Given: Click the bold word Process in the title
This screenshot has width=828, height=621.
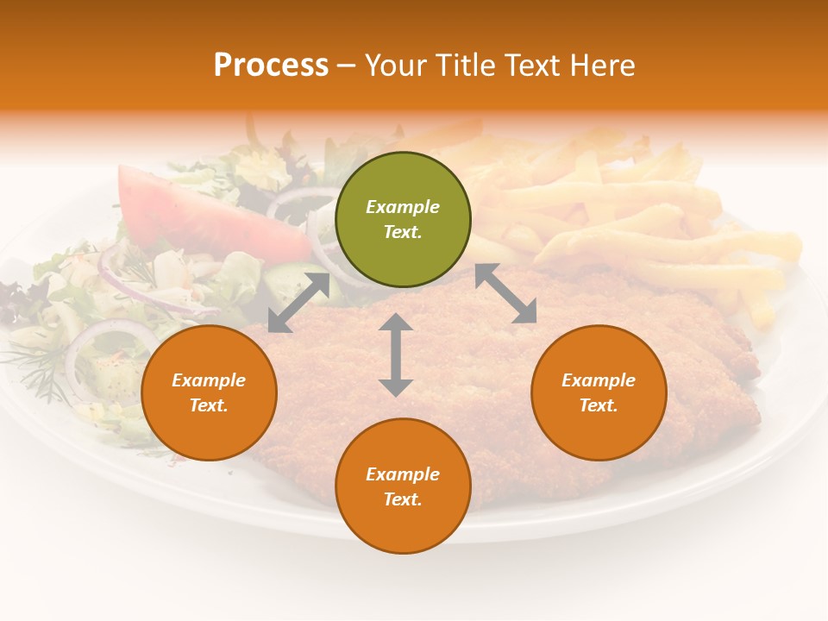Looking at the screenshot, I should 271,66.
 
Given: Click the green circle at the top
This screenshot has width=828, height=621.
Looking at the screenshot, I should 403,220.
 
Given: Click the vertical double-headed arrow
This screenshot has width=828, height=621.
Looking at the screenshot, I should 396,354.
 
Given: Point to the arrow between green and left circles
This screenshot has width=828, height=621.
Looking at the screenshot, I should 298,302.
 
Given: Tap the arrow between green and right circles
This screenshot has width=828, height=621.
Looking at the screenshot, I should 505,293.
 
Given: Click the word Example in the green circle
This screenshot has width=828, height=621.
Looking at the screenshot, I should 403,207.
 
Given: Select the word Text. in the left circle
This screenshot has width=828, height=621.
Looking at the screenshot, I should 209,405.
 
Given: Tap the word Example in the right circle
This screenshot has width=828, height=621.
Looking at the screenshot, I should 599,380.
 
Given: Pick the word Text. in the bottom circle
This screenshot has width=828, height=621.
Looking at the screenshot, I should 403,499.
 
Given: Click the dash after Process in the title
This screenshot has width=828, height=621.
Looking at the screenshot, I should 346,66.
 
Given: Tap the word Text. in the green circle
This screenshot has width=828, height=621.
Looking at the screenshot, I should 403,232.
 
